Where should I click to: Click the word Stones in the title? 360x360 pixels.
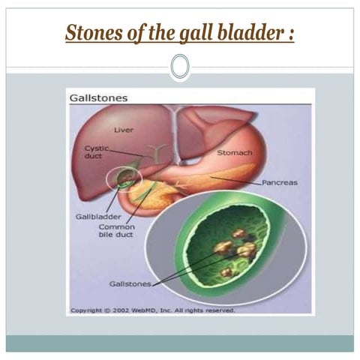tap(88, 34)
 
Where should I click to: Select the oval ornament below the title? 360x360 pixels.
tap(179, 67)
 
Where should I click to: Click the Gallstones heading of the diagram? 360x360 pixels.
tap(98, 98)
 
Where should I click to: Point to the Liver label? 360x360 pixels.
tap(124, 130)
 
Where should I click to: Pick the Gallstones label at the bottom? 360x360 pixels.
tap(130, 284)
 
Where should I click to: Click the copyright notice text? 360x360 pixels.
tap(152, 310)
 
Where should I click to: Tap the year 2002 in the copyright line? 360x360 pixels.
tap(121, 310)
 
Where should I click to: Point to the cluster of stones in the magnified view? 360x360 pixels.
tap(234, 252)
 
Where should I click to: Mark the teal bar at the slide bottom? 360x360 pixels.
tap(179, 343)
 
